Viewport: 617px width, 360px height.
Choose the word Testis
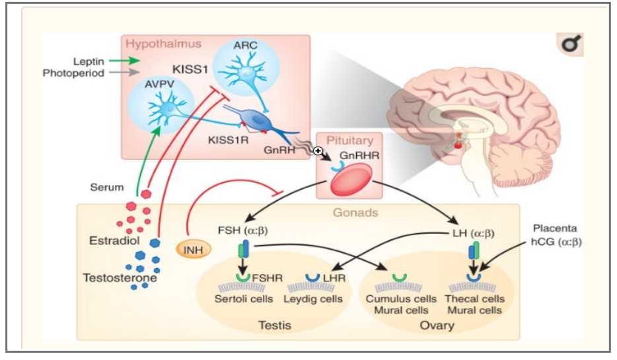pyautogui.click(x=275, y=325)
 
